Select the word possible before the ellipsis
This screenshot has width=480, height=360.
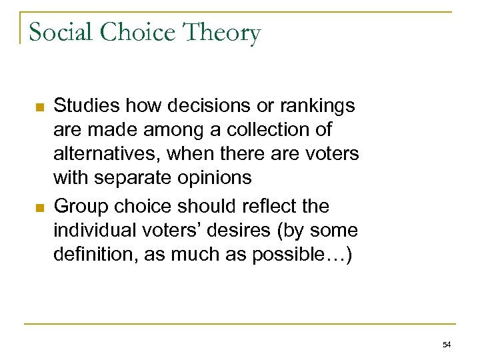tap(293, 255)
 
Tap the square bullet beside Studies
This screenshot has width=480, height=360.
tap(39, 107)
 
